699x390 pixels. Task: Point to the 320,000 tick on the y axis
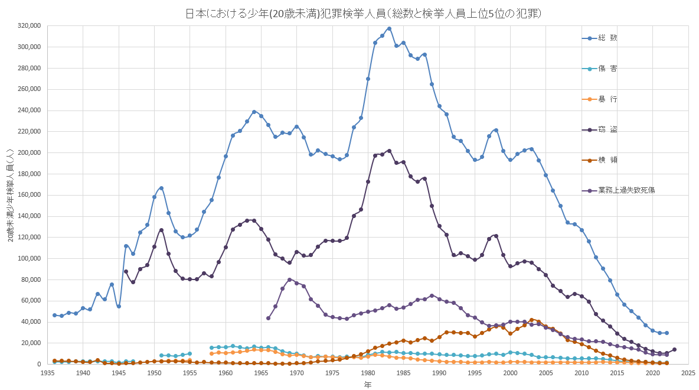point(29,26)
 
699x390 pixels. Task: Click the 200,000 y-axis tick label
point(29,153)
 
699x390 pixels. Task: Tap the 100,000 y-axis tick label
point(29,259)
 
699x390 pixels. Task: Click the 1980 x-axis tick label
point(368,373)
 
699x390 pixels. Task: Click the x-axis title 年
point(367,385)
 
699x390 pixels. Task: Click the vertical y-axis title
point(11,195)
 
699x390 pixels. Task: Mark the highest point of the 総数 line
point(389,28)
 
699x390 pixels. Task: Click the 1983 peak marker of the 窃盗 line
point(389,151)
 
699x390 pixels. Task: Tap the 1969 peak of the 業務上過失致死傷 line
point(289,279)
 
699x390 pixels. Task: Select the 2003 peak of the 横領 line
point(531,320)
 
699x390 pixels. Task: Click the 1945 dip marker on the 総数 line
point(119,306)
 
